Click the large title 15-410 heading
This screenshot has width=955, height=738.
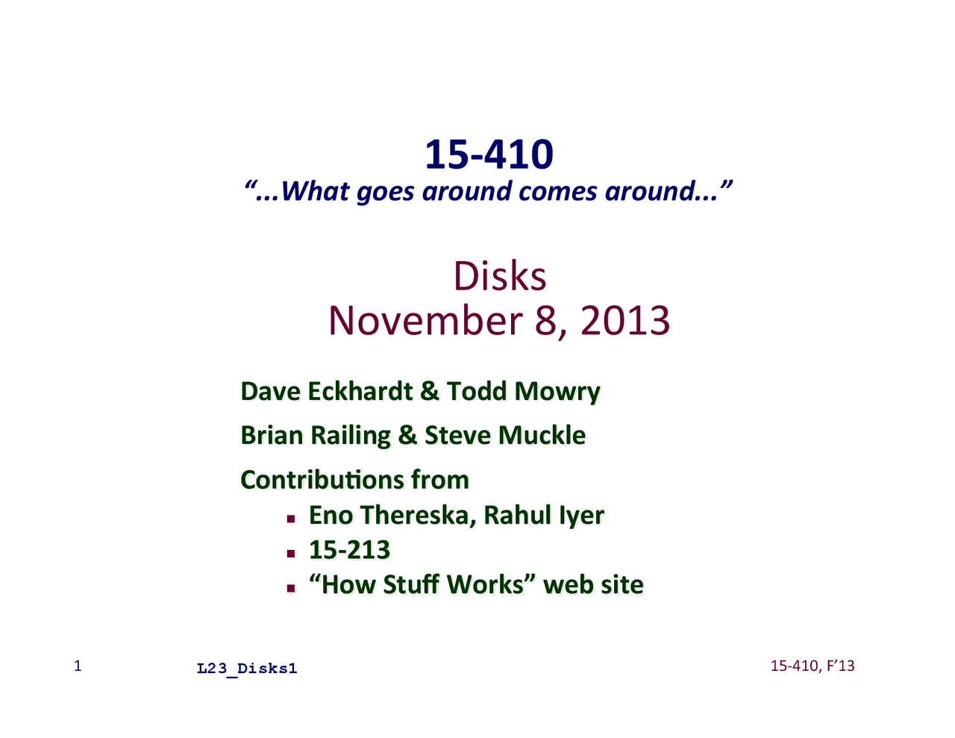(x=489, y=154)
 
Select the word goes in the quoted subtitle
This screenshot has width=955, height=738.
(x=385, y=192)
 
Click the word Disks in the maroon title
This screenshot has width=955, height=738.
(x=500, y=276)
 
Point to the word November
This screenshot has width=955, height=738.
(x=425, y=320)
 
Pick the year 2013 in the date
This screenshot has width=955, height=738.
(x=625, y=320)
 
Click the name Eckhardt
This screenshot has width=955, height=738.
(x=360, y=391)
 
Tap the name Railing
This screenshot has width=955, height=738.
(x=350, y=437)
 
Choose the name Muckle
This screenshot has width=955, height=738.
(x=542, y=435)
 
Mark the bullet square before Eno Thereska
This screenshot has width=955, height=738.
(x=290, y=519)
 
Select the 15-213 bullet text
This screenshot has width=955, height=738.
(x=349, y=550)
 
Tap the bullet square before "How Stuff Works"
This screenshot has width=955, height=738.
(x=290, y=588)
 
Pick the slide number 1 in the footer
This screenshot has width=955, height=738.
(x=78, y=666)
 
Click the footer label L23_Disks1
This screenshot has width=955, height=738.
(x=247, y=669)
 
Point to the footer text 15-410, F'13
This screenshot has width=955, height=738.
(x=812, y=666)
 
